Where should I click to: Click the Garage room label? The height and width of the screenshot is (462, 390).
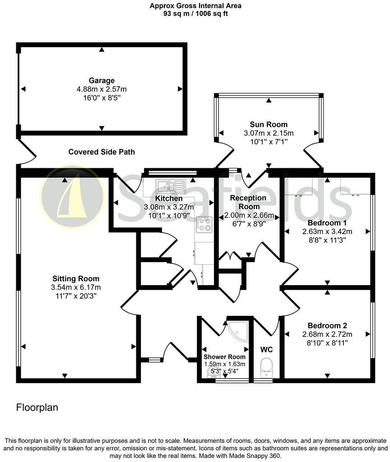coord(102,81)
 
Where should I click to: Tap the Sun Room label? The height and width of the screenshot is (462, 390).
coord(269,125)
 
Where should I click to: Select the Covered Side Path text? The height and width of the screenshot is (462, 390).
coord(102,152)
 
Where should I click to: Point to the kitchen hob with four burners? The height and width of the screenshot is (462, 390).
coord(204,224)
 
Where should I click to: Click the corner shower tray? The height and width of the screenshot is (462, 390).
coord(238,333)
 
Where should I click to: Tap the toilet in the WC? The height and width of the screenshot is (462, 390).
coord(266,366)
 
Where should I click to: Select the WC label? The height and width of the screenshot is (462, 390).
coord(266,350)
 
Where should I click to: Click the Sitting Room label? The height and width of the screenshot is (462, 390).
coord(76,279)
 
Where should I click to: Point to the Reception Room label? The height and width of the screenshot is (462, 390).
coord(248,202)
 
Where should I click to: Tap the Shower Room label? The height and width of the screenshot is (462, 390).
coord(224,357)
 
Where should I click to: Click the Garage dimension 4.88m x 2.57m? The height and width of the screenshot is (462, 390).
coord(102,89)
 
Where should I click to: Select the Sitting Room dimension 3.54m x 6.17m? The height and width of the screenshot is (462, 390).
coord(76,287)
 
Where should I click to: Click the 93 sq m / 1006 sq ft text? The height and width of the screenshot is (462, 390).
coord(195,14)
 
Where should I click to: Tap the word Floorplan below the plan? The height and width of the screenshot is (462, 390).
coord(37,408)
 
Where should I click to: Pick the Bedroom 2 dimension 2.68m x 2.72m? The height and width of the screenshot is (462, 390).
coord(327,334)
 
